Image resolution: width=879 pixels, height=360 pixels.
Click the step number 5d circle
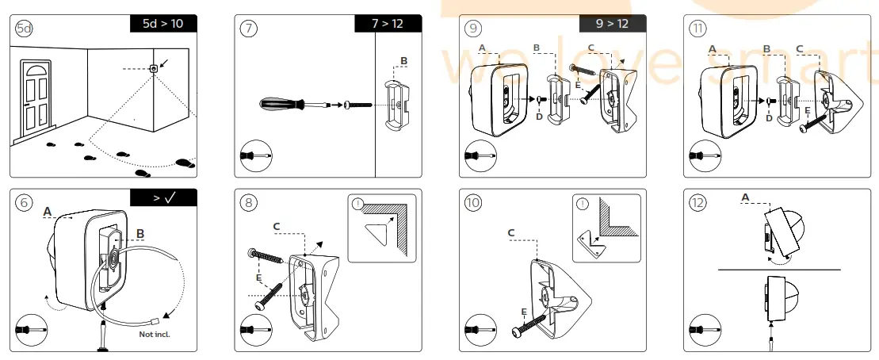point(25,29)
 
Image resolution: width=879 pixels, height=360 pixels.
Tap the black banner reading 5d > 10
point(163,24)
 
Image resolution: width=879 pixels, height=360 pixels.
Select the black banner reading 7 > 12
point(388,24)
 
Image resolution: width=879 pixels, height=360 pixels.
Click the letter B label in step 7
point(403,61)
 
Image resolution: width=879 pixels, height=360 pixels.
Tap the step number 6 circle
point(25,202)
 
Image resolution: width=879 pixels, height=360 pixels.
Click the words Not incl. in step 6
point(155,334)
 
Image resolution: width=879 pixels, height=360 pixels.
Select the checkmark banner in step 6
point(163,198)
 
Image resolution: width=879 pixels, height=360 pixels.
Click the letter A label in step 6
point(48,212)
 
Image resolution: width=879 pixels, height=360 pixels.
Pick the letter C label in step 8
point(276,227)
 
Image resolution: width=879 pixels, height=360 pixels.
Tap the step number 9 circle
point(474,29)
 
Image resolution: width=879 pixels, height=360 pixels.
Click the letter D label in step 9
point(538,118)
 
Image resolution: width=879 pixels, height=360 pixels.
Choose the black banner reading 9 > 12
point(613,24)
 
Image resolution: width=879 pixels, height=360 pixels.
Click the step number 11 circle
point(698,29)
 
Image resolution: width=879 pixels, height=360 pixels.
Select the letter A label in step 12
point(745,197)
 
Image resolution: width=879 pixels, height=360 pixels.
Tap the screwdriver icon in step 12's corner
point(703,327)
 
